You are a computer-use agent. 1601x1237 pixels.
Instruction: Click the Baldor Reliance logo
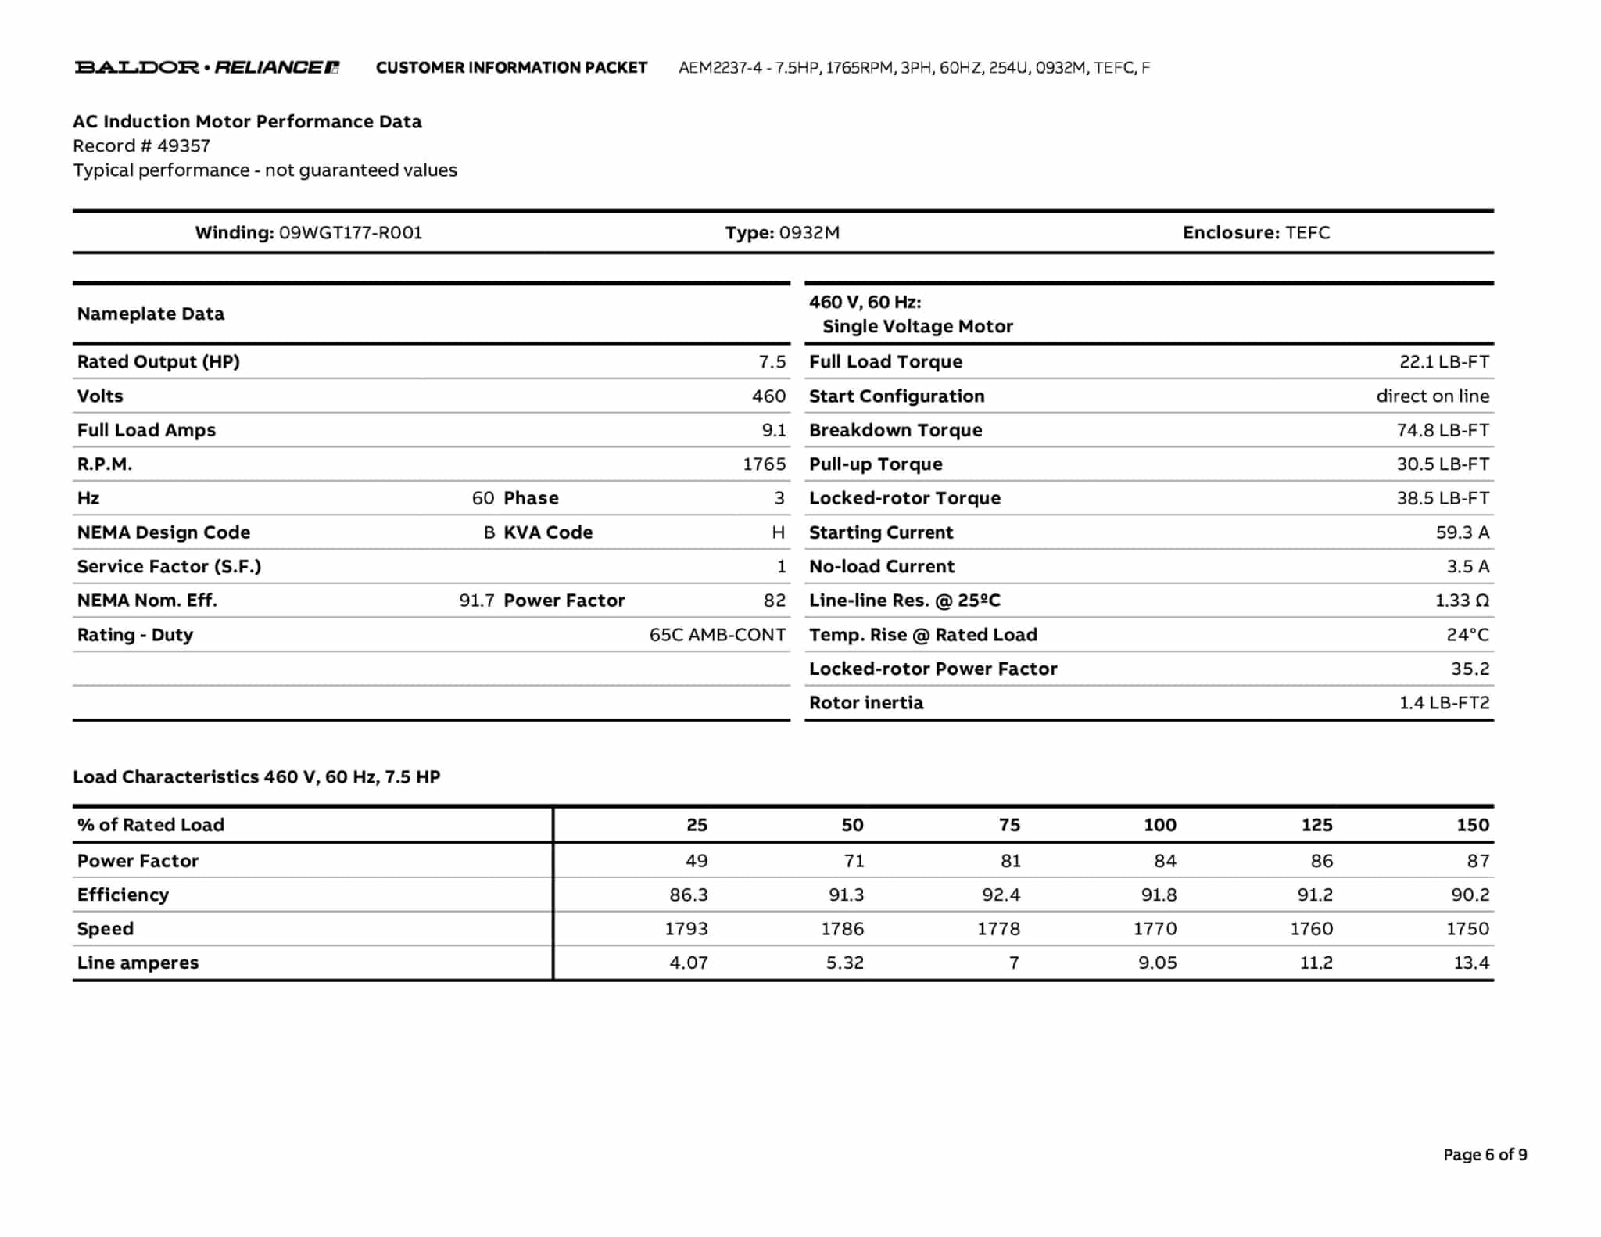point(206,67)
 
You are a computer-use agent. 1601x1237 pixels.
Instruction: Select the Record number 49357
point(184,146)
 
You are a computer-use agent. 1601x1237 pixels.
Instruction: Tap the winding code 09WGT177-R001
point(350,233)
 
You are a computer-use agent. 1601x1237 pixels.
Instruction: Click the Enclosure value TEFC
point(1307,233)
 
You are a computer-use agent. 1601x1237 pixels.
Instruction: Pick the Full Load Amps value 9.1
point(773,430)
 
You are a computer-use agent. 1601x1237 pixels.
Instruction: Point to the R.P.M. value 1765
point(764,464)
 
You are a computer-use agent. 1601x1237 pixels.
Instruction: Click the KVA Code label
point(548,532)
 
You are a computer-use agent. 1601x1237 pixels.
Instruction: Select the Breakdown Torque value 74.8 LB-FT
point(1442,430)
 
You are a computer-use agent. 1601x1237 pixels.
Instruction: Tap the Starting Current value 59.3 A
point(1462,532)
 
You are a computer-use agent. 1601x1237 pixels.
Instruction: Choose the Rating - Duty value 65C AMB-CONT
point(717,635)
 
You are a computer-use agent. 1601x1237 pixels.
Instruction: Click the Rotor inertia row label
point(866,703)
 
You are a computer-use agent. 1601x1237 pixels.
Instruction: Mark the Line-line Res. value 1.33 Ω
point(1462,601)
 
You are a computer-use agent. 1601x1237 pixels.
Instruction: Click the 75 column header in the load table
point(1008,825)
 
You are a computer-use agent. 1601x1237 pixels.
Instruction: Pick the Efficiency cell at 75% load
point(1001,895)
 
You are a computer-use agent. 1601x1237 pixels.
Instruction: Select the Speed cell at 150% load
point(1467,929)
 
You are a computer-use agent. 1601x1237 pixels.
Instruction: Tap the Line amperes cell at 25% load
point(688,963)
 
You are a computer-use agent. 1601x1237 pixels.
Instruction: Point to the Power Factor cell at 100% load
point(1165,861)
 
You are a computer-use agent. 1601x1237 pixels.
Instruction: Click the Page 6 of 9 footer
point(1485,1155)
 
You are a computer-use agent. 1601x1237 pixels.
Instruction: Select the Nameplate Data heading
point(151,314)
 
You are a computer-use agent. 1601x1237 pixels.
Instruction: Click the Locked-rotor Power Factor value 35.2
point(1470,669)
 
